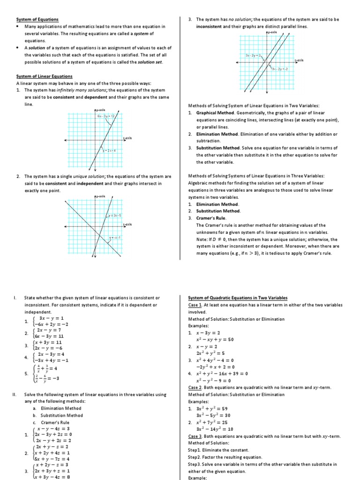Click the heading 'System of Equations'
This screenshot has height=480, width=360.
click(37, 19)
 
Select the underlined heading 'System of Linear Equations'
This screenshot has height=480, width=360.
click(45, 76)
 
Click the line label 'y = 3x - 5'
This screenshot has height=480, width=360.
click(114, 215)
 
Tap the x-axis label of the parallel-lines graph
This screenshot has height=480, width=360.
click(299, 60)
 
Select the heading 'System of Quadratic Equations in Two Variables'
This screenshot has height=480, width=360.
click(238, 298)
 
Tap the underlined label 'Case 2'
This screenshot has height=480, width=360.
click(195, 388)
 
